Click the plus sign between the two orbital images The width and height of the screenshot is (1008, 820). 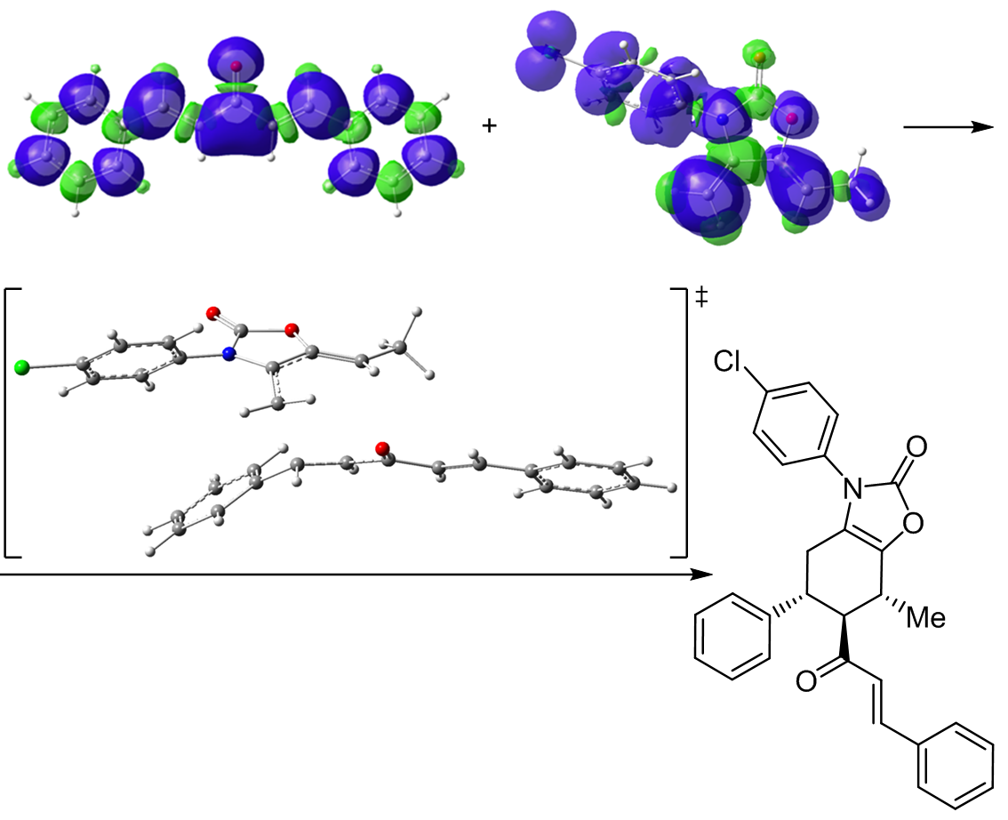tap(487, 126)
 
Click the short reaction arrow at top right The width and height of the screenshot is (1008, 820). tap(947, 127)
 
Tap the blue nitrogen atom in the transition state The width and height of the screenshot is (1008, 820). tap(229, 354)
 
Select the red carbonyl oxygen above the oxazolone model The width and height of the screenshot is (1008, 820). tap(212, 313)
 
